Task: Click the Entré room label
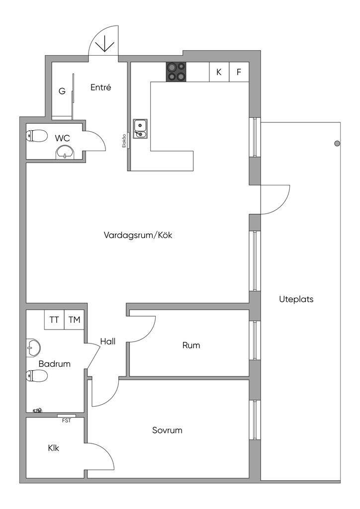[100, 87]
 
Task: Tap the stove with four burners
[176, 72]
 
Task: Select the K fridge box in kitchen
[219, 72]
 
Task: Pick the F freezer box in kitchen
[239, 72]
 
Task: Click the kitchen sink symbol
[140, 128]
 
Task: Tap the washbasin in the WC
[65, 152]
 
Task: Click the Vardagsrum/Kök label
[138, 235]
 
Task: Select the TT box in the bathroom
[54, 320]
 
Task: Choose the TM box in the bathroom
[74, 320]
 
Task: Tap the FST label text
[66, 421]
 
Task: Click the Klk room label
[54, 448]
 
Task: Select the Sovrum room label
[167, 430]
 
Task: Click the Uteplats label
[296, 300]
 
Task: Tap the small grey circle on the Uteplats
[337, 144]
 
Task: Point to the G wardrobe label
[62, 91]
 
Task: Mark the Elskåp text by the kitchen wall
[123, 141]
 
